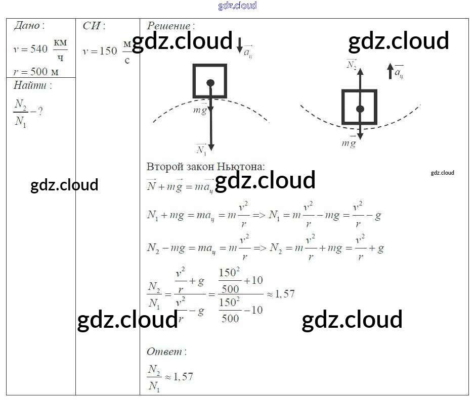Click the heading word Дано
click(26, 25)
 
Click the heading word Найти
click(29, 85)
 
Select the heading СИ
click(92, 26)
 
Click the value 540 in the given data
click(38, 49)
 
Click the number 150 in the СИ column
click(108, 51)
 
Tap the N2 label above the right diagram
click(352, 64)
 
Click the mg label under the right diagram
click(349, 143)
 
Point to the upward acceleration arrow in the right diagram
click(390, 71)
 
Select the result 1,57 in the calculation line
click(284, 293)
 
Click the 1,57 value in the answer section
click(183, 377)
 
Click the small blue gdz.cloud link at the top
click(237, 6)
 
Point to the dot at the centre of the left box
click(210, 83)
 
